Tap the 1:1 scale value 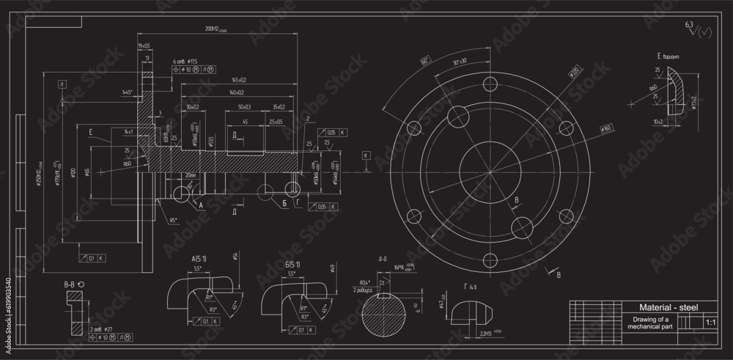tap(709, 322)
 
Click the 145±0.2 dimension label tap(239, 79)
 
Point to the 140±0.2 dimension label tap(237, 92)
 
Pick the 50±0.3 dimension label tap(244, 107)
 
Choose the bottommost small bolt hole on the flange tap(489, 259)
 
